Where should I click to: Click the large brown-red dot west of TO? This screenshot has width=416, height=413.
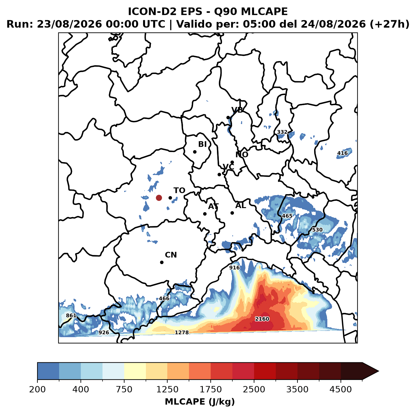tap(159, 198)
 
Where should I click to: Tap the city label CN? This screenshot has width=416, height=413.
tap(171, 255)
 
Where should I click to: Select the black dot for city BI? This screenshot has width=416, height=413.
tap(195, 152)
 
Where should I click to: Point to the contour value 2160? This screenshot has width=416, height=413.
tap(262, 319)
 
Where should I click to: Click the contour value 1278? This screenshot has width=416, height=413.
tap(181, 332)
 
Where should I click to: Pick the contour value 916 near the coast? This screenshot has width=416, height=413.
tap(234, 268)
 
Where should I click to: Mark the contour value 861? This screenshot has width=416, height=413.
tap(71, 315)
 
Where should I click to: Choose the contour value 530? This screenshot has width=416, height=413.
tap(317, 230)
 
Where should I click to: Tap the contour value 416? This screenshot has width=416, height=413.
tap(342, 153)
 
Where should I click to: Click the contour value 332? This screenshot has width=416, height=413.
tap(282, 132)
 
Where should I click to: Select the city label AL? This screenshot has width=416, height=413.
tap(241, 206)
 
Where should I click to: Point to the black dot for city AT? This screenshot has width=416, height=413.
tap(205, 214)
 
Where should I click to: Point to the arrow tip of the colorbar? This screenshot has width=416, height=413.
tap(379, 371)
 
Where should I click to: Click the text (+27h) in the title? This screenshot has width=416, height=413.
tap(389, 24)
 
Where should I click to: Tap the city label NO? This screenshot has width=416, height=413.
tap(241, 155)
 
